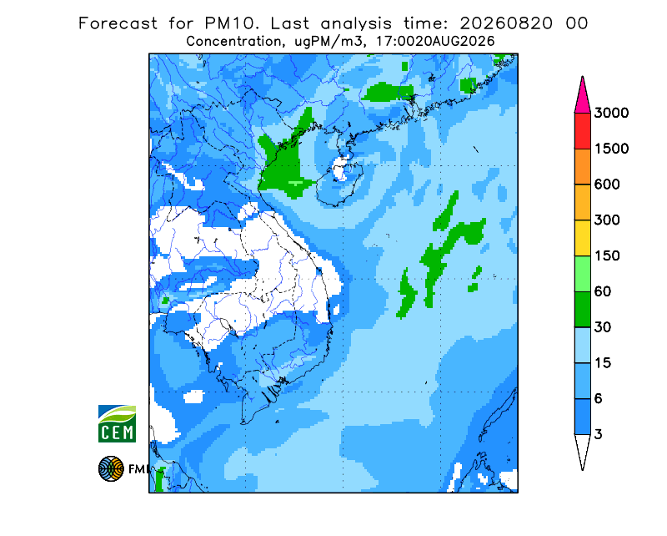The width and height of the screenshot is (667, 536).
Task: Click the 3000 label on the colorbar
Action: coord(611,113)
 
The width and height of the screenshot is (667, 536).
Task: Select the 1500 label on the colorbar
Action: coord(611,149)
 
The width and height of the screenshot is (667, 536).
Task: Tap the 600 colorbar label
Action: coord(607,185)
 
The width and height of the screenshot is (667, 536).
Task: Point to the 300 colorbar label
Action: coord(607,220)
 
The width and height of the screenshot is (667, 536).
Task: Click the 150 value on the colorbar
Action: coord(607,256)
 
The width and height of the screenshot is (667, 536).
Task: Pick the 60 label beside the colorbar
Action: coord(603,292)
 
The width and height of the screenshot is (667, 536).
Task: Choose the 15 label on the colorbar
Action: coord(603,363)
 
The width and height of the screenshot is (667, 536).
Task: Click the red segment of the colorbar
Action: coord(582,131)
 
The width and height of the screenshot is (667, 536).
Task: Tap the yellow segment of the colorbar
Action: coord(582,238)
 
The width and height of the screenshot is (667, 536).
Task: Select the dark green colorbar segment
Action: coord(582,310)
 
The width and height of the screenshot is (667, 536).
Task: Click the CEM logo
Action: coord(117,423)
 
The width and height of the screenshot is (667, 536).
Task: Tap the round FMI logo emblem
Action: coord(111,468)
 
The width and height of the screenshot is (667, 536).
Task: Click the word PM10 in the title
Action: coord(231,23)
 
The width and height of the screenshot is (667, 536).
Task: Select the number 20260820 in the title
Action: coord(506,23)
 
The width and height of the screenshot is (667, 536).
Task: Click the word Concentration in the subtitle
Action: coord(233,42)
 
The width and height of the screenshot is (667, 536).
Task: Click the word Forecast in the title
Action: coord(118,23)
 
